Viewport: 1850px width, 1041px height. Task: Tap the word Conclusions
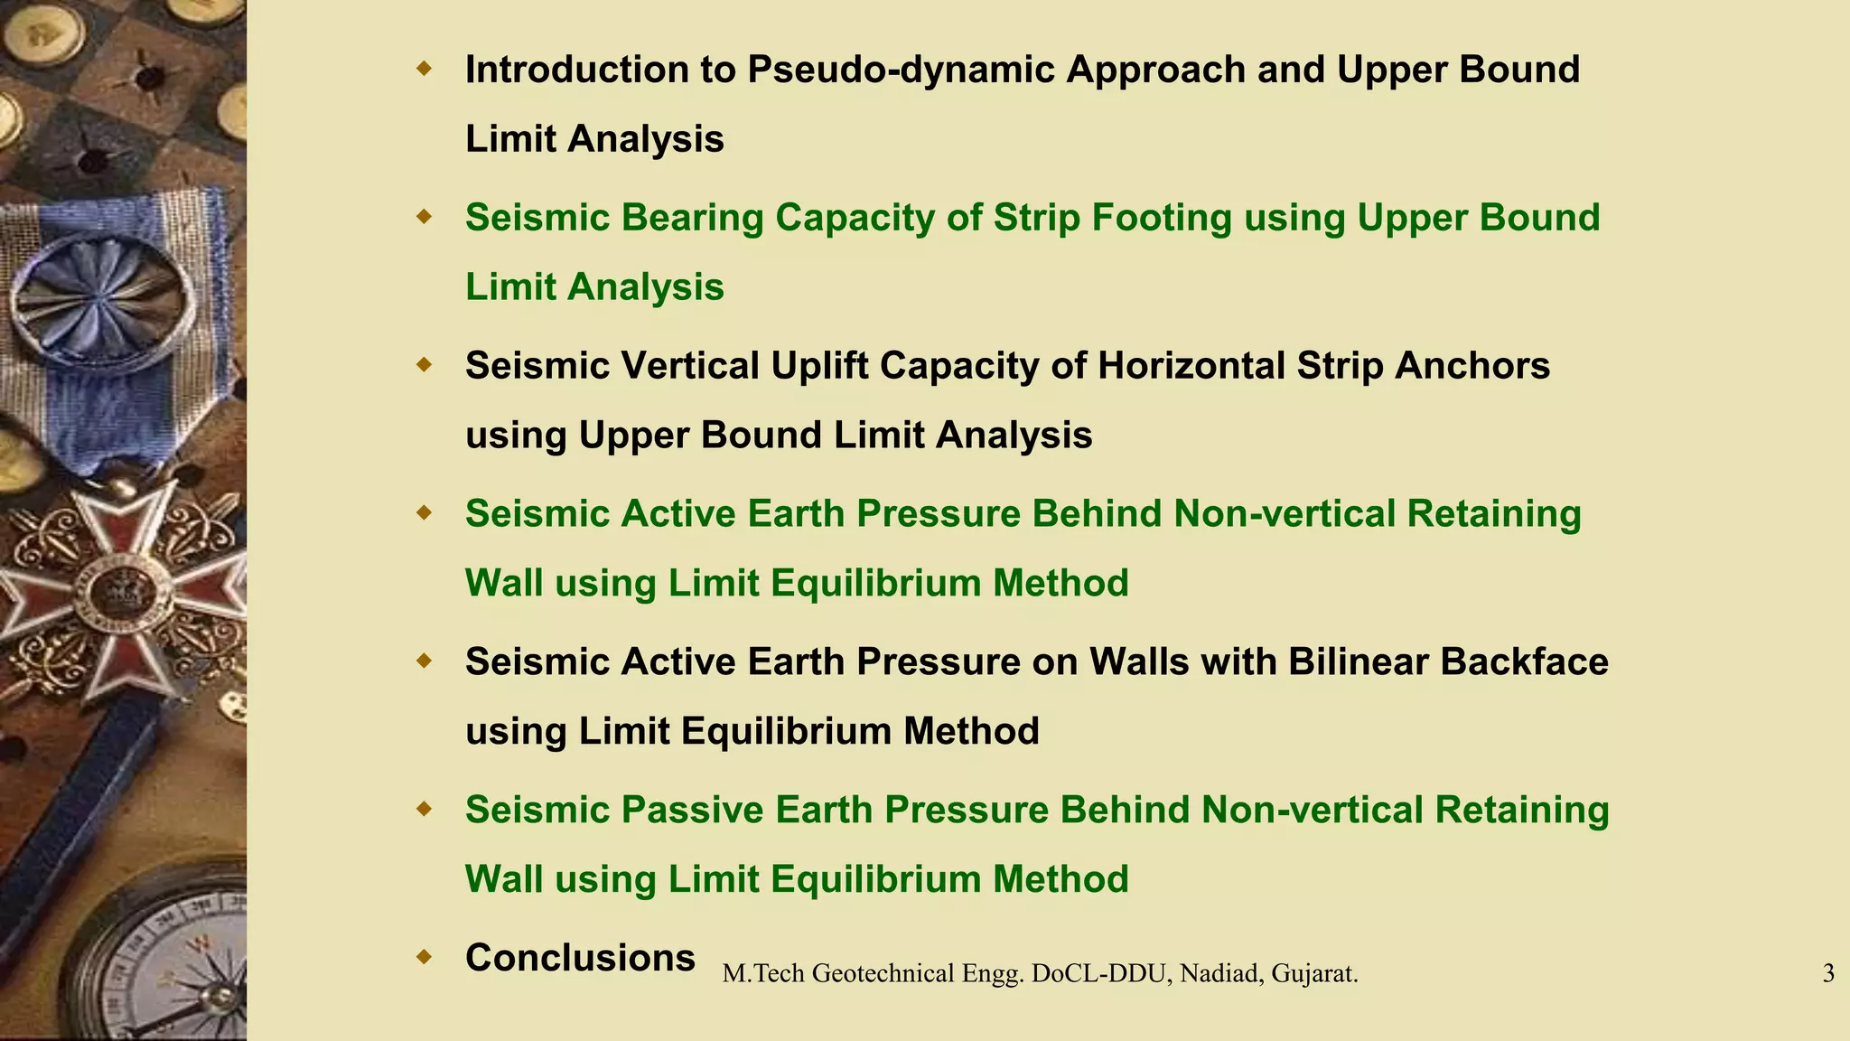[x=580, y=958]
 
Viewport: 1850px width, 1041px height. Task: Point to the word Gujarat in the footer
[x=1315, y=973]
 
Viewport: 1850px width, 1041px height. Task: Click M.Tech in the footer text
[x=764, y=973]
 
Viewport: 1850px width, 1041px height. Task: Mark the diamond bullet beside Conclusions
[x=425, y=957]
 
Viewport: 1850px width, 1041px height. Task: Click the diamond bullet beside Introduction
[x=425, y=69]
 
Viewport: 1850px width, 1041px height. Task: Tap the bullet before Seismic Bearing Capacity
[x=425, y=217]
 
